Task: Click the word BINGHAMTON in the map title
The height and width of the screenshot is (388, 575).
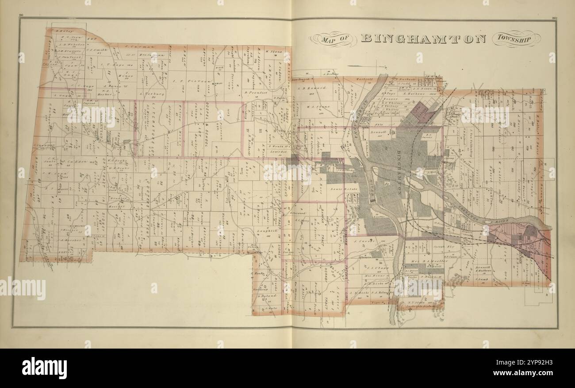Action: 423,39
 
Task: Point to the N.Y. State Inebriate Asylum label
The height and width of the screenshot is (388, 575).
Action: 419,304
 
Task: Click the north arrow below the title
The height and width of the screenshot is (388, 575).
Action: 363,66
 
